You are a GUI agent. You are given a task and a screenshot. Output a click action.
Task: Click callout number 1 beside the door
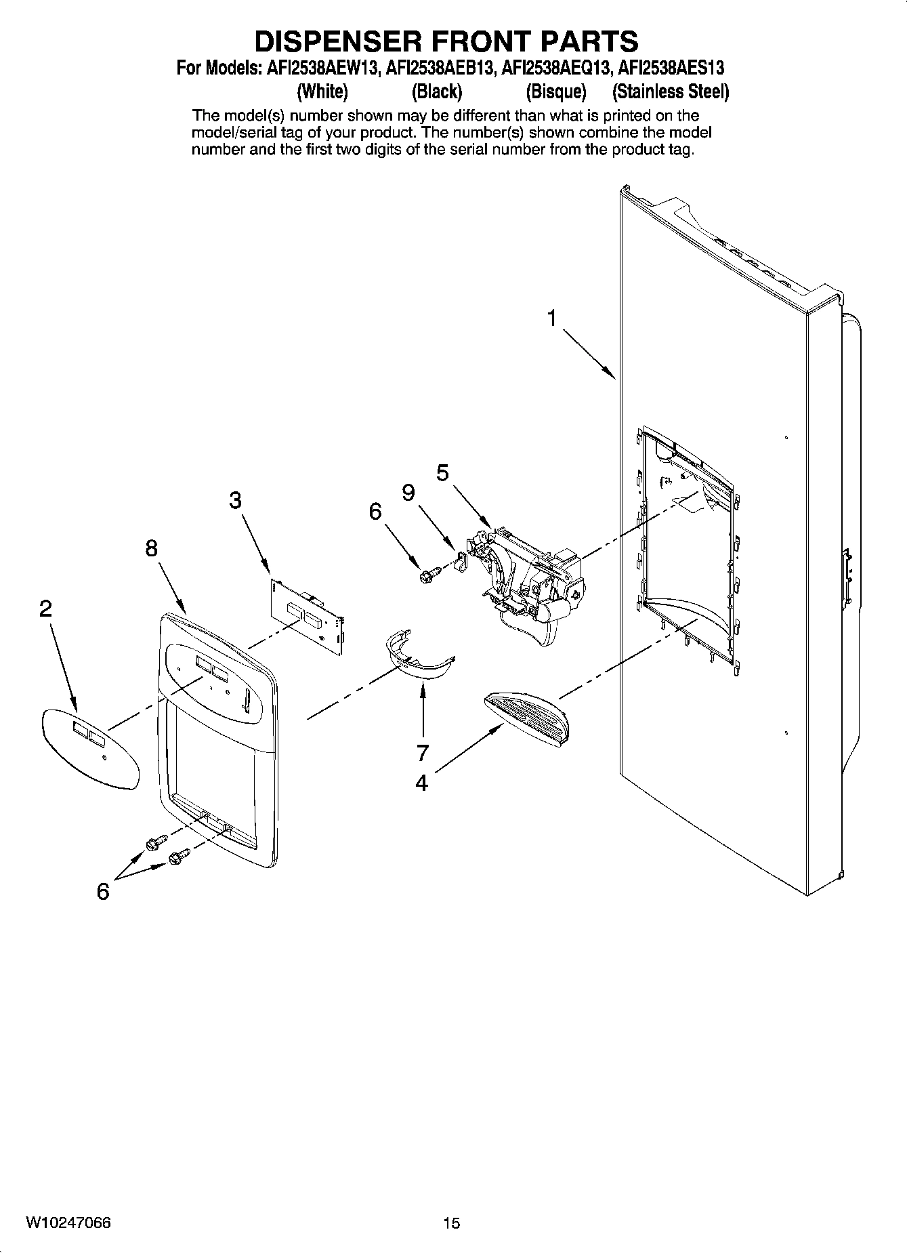(x=553, y=317)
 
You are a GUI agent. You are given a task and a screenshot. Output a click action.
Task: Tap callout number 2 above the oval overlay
(x=45, y=609)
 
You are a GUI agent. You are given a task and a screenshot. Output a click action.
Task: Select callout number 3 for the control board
(x=234, y=501)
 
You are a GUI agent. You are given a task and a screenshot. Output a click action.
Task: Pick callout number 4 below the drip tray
(x=421, y=783)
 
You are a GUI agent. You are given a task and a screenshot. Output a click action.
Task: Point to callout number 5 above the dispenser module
(x=442, y=472)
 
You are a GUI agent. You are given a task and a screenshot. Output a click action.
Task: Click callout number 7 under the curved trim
(x=423, y=752)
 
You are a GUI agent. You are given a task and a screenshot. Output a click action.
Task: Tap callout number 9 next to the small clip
(x=408, y=493)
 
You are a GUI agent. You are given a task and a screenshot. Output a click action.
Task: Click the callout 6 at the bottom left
(x=103, y=892)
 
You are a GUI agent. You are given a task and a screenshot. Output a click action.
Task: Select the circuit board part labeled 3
(x=308, y=617)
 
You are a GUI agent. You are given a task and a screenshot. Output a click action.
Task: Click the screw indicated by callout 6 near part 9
(x=427, y=575)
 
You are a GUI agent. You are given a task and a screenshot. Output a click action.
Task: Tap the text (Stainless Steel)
(x=670, y=91)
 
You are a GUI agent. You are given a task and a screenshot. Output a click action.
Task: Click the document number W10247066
(x=68, y=1223)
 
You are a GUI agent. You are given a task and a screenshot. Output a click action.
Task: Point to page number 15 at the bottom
(x=451, y=1223)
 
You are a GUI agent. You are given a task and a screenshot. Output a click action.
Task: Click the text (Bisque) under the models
(x=555, y=91)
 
